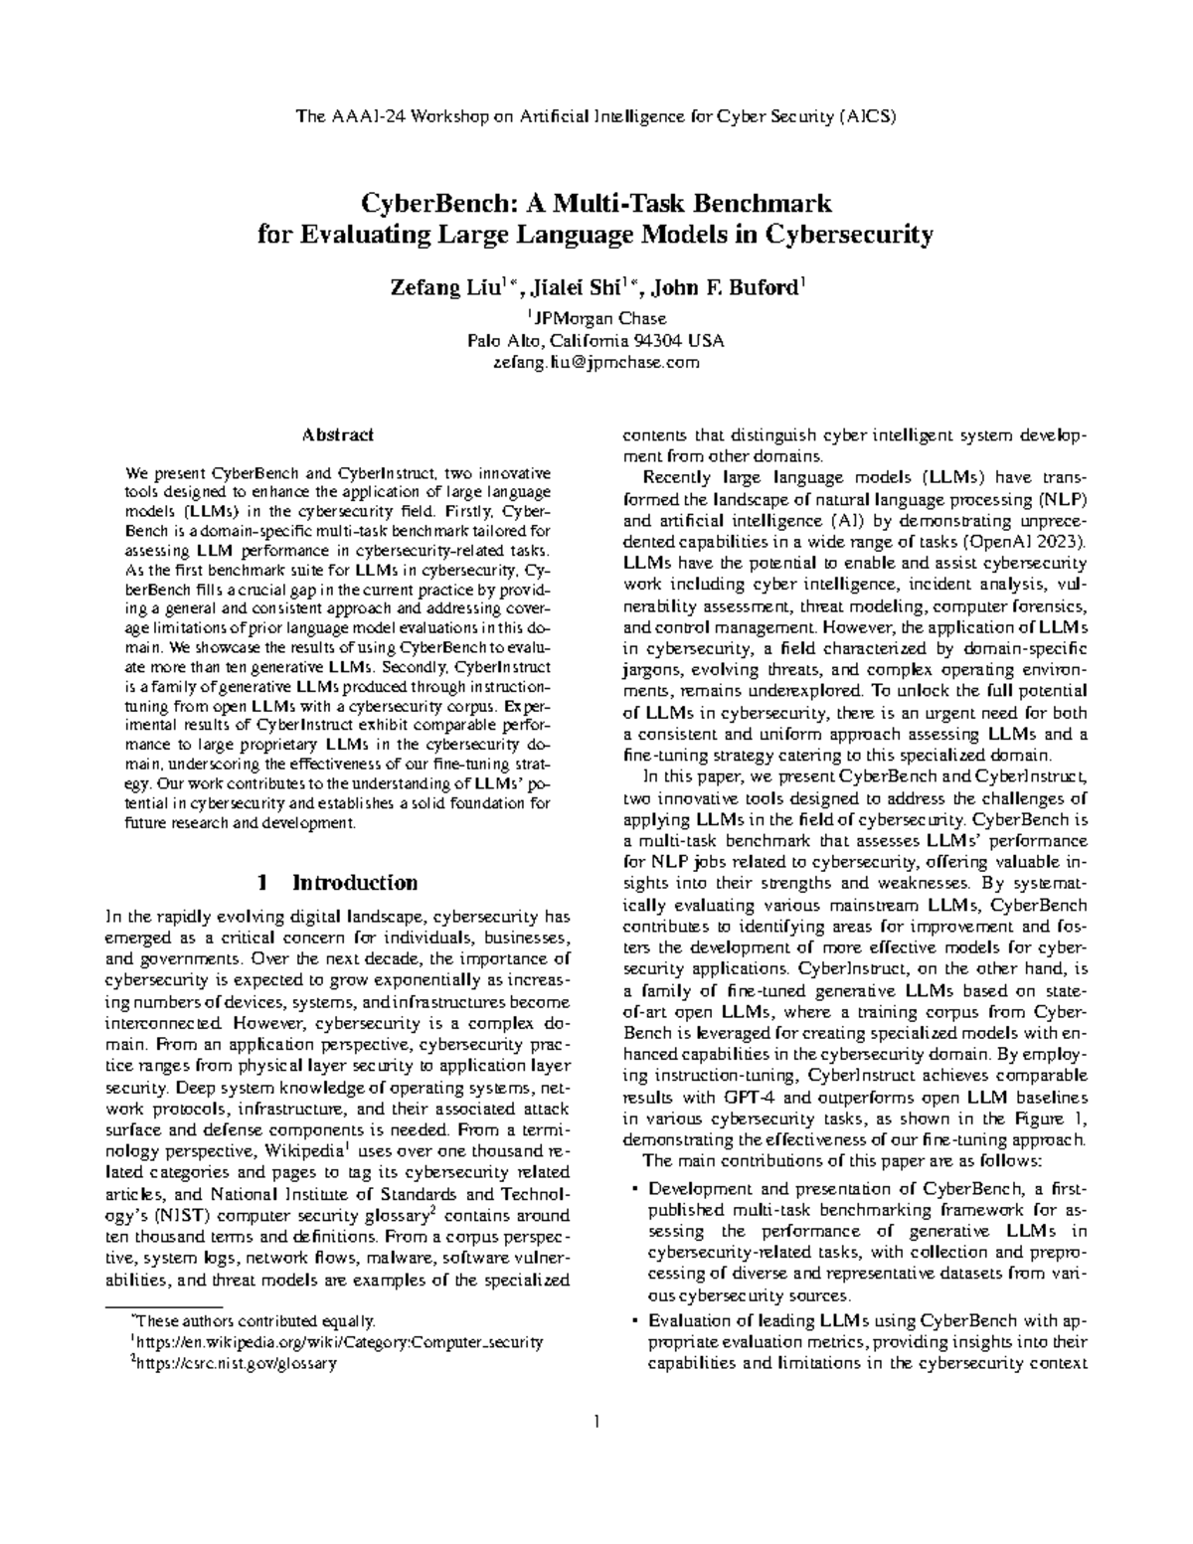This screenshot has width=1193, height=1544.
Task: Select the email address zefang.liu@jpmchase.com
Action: (596, 362)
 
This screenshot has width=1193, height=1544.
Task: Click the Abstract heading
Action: (339, 434)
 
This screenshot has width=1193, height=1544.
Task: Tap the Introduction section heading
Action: (354, 882)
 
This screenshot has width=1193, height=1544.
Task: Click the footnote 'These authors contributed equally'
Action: (256, 1321)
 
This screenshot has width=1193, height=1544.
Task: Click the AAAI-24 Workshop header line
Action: (596, 117)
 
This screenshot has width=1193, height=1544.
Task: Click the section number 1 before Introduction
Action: (262, 882)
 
